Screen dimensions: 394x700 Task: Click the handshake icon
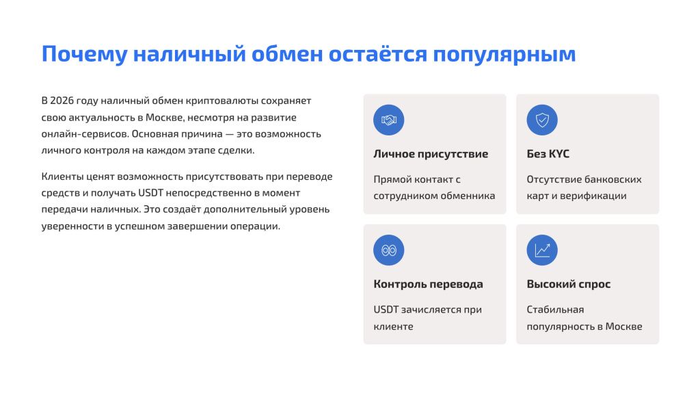[388, 120]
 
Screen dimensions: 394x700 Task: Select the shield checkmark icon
[541, 120]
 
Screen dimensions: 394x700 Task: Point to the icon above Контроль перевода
[388, 250]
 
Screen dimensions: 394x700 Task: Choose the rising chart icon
[541, 250]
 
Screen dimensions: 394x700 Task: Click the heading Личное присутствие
[431, 154]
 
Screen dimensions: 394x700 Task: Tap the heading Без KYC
[548, 154]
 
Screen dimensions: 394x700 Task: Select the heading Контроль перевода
[428, 284]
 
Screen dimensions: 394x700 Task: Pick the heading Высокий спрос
[568, 284]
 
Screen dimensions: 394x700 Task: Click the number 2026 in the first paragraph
[65, 101]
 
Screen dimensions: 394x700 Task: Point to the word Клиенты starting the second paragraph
[63, 176]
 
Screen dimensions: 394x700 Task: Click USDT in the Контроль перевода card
[386, 309]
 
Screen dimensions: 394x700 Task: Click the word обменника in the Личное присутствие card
[467, 196]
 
